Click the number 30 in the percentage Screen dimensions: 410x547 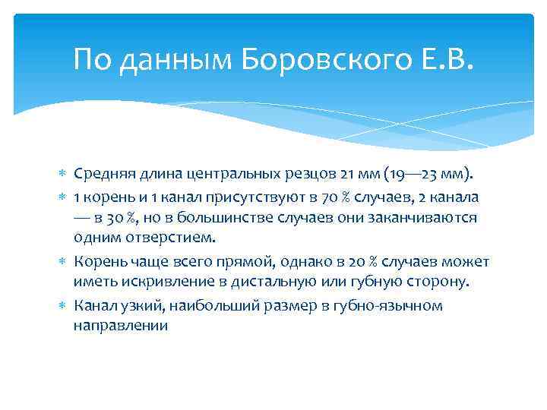pos(116,218)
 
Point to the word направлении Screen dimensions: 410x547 pos(120,326)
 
